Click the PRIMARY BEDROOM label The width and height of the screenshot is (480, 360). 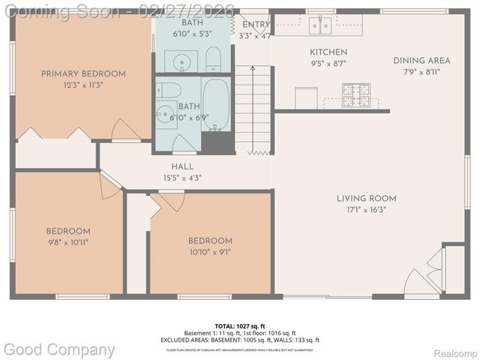(x=83, y=74)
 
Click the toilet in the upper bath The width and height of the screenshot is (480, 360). (x=213, y=59)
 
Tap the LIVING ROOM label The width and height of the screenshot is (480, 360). (x=366, y=199)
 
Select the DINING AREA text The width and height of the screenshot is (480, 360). (x=421, y=61)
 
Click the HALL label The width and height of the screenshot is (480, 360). (x=182, y=166)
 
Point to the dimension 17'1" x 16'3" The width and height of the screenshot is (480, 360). (x=366, y=210)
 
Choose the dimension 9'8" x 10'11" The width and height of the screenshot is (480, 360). (x=68, y=243)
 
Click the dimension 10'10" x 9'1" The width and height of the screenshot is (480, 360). (x=210, y=252)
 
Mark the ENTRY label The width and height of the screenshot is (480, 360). (x=255, y=25)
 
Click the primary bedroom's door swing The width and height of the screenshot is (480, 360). (x=124, y=130)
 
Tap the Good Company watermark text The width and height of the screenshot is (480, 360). (x=60, y=349)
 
